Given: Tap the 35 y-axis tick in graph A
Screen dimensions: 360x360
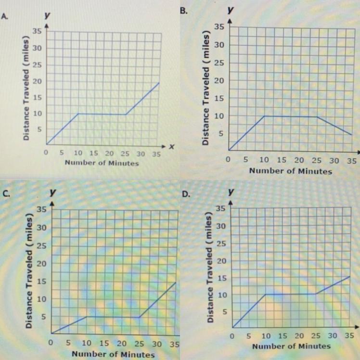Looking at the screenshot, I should (x=37, y=32).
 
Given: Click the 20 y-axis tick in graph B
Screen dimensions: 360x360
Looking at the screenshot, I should (x=219, y=80).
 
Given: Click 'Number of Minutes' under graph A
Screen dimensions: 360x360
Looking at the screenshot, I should (x=102, y=163).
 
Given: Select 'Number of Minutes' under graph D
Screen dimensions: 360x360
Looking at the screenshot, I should (x=291, y=346).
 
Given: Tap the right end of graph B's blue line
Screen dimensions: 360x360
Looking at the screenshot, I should (x=353, y=135).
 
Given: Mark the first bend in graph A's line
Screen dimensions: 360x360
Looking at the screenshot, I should (x=78, y=114).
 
